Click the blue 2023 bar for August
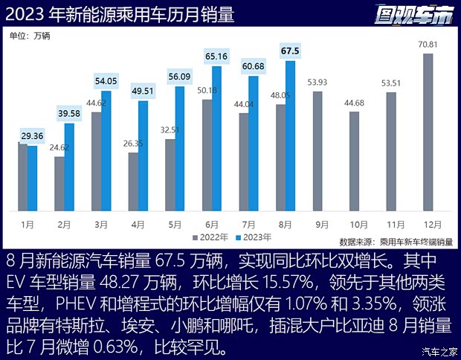click(x=290, y=136)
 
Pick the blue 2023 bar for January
click(x=32, y=179)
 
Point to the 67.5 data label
click(x=290, y=51)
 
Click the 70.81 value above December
click(x=428, y=46)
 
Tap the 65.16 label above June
click(x=216, y=57)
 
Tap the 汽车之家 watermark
click(x=438, y=352)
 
